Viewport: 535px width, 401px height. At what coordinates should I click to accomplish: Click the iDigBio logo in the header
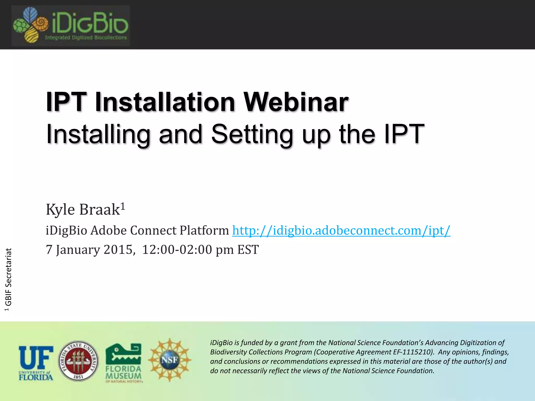(71, 26)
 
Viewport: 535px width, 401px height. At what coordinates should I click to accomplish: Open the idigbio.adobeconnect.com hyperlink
(341, 231)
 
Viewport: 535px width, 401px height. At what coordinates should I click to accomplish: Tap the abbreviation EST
(248, 250)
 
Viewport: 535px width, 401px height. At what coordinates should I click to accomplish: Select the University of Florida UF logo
(36, 363)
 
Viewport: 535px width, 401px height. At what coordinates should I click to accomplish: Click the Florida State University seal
(78, 361)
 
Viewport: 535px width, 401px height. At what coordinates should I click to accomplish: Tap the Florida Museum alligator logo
(124, 363)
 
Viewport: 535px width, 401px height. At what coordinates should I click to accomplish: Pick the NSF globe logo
(170, 360)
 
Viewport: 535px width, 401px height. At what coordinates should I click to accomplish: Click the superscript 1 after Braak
(123, 206)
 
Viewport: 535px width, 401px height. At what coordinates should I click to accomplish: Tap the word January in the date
(78, 250)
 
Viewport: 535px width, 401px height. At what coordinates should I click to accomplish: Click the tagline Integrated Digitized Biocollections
(86, 38)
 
